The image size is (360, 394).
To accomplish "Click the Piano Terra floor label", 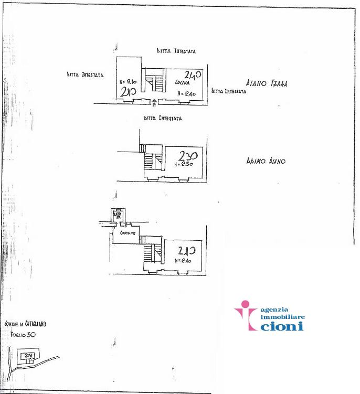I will click(267, 83).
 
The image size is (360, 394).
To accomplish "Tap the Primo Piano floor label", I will click(266, 162).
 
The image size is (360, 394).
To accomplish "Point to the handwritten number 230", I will click(188, 156).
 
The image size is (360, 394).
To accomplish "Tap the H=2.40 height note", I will click(186, 93).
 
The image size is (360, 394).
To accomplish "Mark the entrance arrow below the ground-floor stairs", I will click(153, 102).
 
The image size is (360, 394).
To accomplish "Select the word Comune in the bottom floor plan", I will click(128, 232).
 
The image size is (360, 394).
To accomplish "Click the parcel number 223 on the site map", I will click(29, 355).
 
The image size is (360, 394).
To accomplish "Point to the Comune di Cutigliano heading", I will click(25, 324).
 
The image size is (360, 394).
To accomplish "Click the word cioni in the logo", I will click(282, 326).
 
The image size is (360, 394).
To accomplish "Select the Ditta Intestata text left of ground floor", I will click(85, 74).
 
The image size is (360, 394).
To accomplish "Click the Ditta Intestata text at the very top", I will click(176, 51).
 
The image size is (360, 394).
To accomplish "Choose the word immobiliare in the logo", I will click(282, 317).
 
